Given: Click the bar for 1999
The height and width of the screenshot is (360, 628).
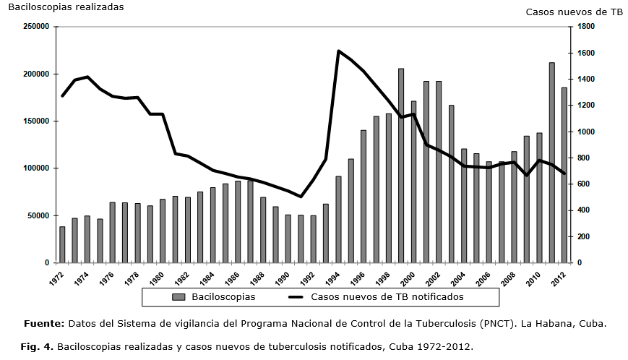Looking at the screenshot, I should [x=401, y=166].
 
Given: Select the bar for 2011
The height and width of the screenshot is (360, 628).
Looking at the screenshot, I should [x=552, y=163].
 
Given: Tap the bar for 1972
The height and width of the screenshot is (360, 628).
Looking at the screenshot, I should [x=62, y=244].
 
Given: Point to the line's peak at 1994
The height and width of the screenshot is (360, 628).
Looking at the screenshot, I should [x=338, y=51].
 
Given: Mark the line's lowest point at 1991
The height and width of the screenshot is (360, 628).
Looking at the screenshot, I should [x=301, y=197].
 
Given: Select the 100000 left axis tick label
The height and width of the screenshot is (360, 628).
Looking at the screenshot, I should [x=33, y=168].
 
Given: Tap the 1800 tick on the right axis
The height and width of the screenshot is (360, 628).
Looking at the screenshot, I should [x=586, y=27].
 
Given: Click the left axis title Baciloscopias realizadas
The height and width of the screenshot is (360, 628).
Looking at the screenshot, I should [x=66, y=7].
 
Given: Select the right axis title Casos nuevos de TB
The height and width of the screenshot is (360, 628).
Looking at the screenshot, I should [x=574, y=12].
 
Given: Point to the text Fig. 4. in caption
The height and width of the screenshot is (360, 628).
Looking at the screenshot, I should [x=36, y=347].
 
